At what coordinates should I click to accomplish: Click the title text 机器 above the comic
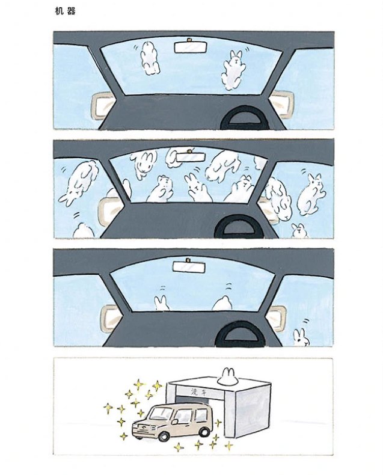(x=65, y=11)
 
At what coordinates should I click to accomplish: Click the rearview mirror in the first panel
(x=191, y=46)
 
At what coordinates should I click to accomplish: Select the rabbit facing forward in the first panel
(x=234, y=70)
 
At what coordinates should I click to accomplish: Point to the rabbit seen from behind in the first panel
(x=149, y=58)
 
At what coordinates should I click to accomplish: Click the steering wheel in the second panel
(x=239, y=227)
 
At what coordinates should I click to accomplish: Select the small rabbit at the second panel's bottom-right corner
(x=299, y=231)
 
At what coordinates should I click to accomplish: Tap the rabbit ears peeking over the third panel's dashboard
(x=162, y=303)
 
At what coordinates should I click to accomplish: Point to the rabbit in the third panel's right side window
(x=301, y=337)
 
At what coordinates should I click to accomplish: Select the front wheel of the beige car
(x=164, y=436)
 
